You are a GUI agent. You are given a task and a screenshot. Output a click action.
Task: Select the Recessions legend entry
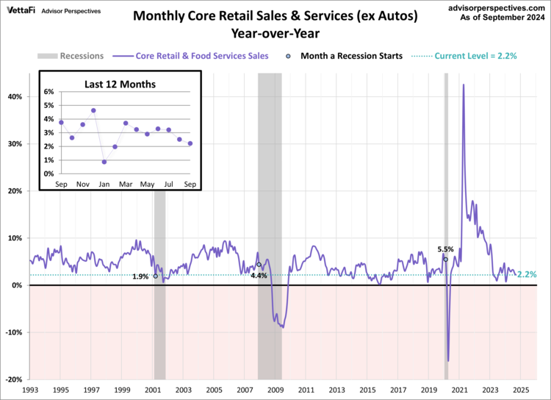[71, 55]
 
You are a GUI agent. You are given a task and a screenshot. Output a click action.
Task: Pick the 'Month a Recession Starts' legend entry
[342, 55]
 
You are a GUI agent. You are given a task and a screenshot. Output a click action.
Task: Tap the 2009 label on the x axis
[275, 390]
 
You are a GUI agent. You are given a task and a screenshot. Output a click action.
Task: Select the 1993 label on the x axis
[30, 390]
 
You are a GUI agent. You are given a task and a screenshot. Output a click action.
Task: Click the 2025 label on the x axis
[519, 390]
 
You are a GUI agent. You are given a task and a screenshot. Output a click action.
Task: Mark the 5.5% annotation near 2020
[446, 249]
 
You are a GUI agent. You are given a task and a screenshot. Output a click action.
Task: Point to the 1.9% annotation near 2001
[140, 276]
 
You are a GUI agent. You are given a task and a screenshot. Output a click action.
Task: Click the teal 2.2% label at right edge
[527, 274]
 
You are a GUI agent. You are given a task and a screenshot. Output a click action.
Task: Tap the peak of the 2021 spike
[463, 85]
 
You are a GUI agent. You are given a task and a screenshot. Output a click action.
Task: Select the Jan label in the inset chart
[104, 183]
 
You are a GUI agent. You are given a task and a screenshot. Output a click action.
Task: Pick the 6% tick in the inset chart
[49, 91]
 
